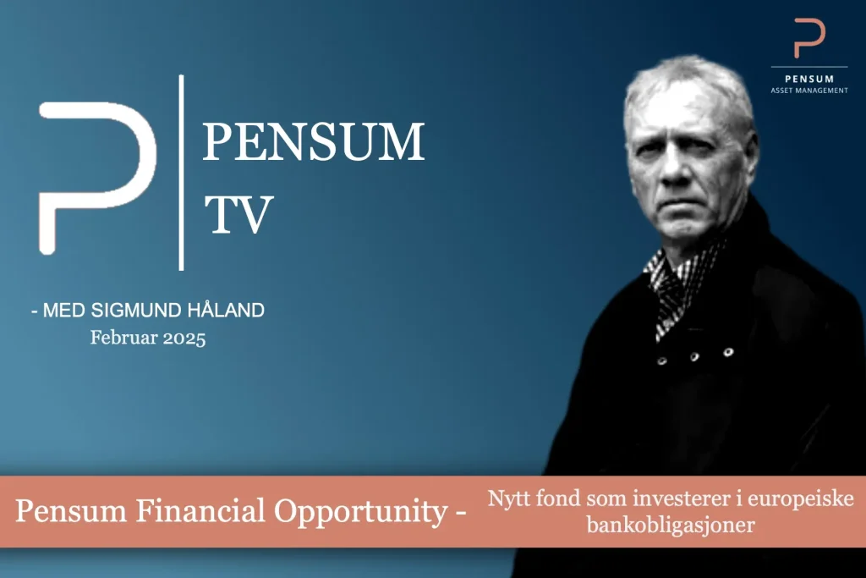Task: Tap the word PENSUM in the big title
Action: (x=314, y=142)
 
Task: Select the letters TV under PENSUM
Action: (x=238, y=214)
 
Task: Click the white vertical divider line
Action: (x=181, y=173)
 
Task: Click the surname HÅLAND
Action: (x=226, y=310)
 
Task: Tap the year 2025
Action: (x=184, y=339)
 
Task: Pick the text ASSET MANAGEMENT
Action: (x=809, y=91)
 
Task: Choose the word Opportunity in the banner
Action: (x=361, y=512)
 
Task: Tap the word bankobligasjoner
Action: (x=671, y=525)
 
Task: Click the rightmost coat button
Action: (x=728, y=351)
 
